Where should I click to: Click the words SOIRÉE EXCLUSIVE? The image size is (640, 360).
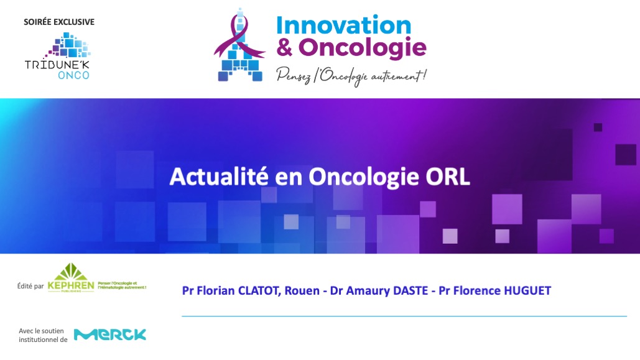[x=59, y=22]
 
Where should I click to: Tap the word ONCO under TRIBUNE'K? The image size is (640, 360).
[x=73, y=75]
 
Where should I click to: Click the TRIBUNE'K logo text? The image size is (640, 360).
[x=57, y=65]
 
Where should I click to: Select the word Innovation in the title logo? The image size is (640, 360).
[x=344, y=25]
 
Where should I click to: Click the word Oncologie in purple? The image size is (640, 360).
[x=363, y=47]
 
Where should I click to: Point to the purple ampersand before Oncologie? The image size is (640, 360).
[x=284, y=47]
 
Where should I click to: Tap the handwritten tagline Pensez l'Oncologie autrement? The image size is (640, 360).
[x=351, y=76]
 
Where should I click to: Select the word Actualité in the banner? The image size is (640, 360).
[x=219, y=177]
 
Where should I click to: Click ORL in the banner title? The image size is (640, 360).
[x=448, y=177]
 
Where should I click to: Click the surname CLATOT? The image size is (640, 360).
[x=259, y=290]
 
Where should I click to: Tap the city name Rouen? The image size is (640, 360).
[x=302, y=290]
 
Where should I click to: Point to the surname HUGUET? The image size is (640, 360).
[x=528, y=290]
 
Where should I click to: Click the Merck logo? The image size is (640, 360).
[x=110, y=335]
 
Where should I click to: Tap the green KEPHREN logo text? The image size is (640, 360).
[x=71, y=285]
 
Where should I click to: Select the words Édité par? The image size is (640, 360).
[x=30, y=286]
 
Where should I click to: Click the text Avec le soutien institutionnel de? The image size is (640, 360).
[x=43, y=335]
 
